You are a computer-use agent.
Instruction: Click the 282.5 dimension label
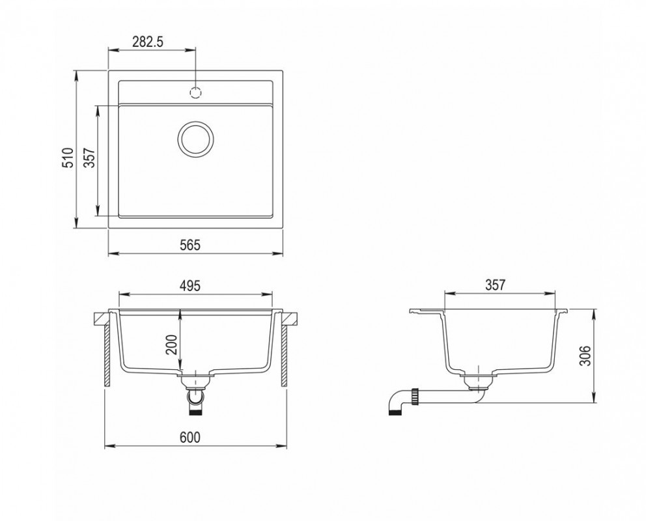[148, 42]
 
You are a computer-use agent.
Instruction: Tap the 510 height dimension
[68, 158]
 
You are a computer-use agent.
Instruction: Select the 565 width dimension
[190, 245]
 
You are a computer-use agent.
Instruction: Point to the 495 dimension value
[190, 285]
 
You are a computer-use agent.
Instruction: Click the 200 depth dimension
[171, 345]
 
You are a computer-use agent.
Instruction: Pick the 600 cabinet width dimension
[190, 437]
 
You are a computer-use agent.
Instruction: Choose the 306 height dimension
[585, 356]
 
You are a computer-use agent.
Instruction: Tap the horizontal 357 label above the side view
[495, 285]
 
